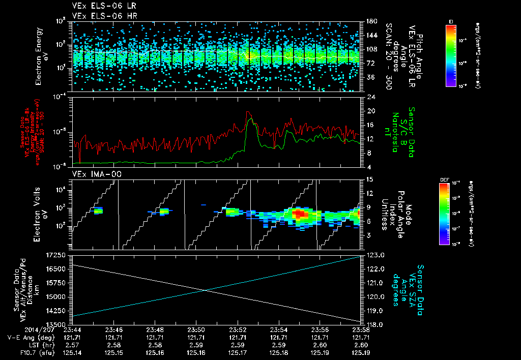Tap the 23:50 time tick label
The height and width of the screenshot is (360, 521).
click(x=196, y=329)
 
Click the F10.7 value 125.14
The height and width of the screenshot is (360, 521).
click(x=72, y=351)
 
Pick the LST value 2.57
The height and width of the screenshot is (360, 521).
click(x=72, y=344)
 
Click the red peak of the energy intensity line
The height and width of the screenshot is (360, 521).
click(x=248, y=112)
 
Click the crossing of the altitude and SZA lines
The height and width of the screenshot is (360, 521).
click(x=205, y=290)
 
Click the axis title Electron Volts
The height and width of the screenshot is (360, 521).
click(x=39, y=214)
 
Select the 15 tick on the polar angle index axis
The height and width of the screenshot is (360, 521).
click(x=368, y=179)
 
